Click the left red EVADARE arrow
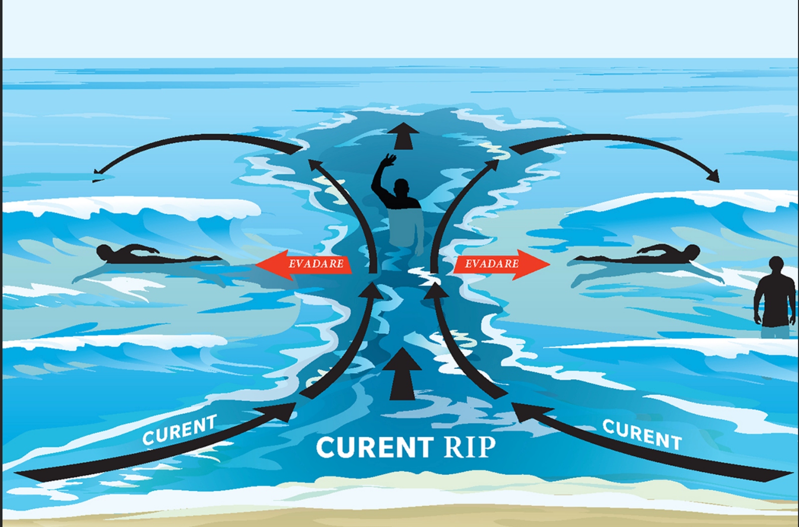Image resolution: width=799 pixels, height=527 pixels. tap(304, 264)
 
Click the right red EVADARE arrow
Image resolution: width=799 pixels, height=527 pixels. tap(502, 264)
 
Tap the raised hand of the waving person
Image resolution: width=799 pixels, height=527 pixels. tap(388, 161)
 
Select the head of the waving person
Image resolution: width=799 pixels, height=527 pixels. tap(402, 187)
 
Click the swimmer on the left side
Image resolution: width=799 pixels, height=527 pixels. tap(159, 254)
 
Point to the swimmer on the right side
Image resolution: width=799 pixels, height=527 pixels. tap(637, 254)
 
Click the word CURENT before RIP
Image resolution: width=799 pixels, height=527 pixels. tap(375, 447)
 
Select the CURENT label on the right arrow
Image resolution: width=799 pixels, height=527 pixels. tap(642, 435)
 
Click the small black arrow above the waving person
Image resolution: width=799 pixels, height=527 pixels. tap(403, 136)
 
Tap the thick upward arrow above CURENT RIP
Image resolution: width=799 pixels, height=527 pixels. tap(403, 374)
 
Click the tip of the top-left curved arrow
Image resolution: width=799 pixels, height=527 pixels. tap(93, 174)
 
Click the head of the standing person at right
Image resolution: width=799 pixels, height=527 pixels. tap(776, 264)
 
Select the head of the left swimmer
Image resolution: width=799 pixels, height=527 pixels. tap(104, 251)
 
